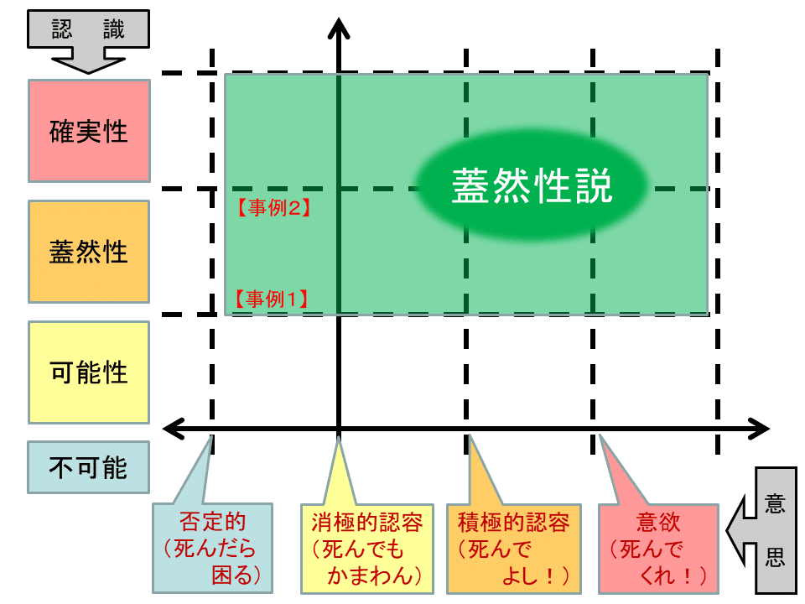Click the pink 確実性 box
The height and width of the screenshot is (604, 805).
tap(89, 131)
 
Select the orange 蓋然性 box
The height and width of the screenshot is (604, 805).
tap(89, 252)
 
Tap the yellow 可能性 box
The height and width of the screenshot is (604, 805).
tap(89, 372)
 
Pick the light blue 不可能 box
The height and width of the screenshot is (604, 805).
tap(89, 467)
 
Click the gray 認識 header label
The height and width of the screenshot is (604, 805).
tap(88, 29)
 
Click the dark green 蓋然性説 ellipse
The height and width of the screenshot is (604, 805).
tap(532, 187)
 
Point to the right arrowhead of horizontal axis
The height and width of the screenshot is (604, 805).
tap(759, 429)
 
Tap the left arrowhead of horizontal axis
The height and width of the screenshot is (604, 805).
tap(173, 429)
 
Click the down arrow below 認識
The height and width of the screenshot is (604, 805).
tap(88, 60)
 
